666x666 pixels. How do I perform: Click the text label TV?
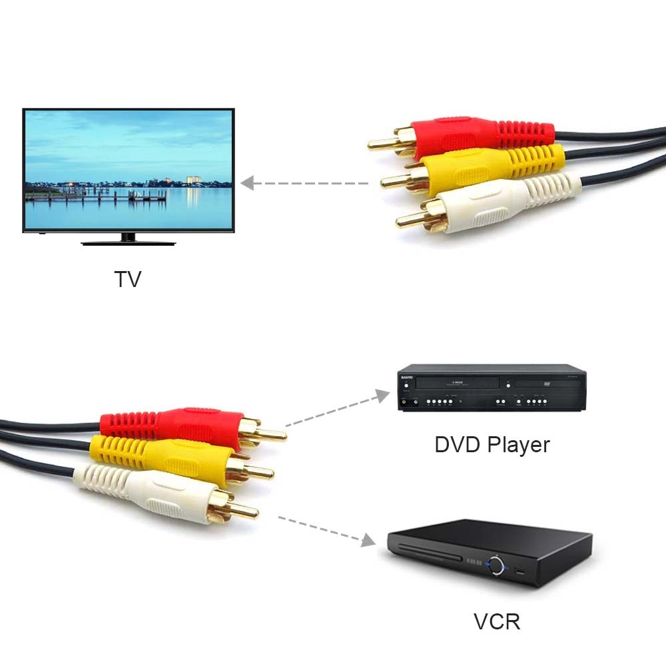(128, 278)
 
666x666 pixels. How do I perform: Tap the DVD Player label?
(492, 444)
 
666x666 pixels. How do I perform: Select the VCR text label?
(497, 621)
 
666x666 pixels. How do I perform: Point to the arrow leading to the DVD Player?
(338, 409)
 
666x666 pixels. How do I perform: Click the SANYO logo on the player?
(404, 378)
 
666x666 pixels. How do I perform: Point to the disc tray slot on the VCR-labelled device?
(430, 553)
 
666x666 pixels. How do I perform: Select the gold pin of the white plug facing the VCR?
(244, 511)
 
